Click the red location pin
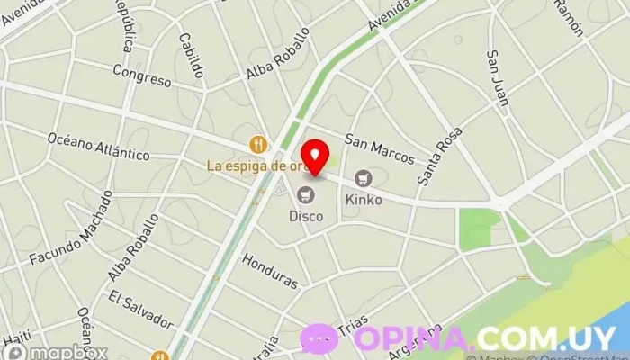point(313,157)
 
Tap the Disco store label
point(306,216)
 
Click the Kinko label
point(364,199)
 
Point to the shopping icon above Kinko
point(364,179)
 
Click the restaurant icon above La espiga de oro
point(259,144)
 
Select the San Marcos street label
point(379,149)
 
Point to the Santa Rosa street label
point(438,155)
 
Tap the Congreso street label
point(141,76)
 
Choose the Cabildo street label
point(191,57)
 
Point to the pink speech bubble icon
point(320,339)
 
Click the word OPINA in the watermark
point(414,338)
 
